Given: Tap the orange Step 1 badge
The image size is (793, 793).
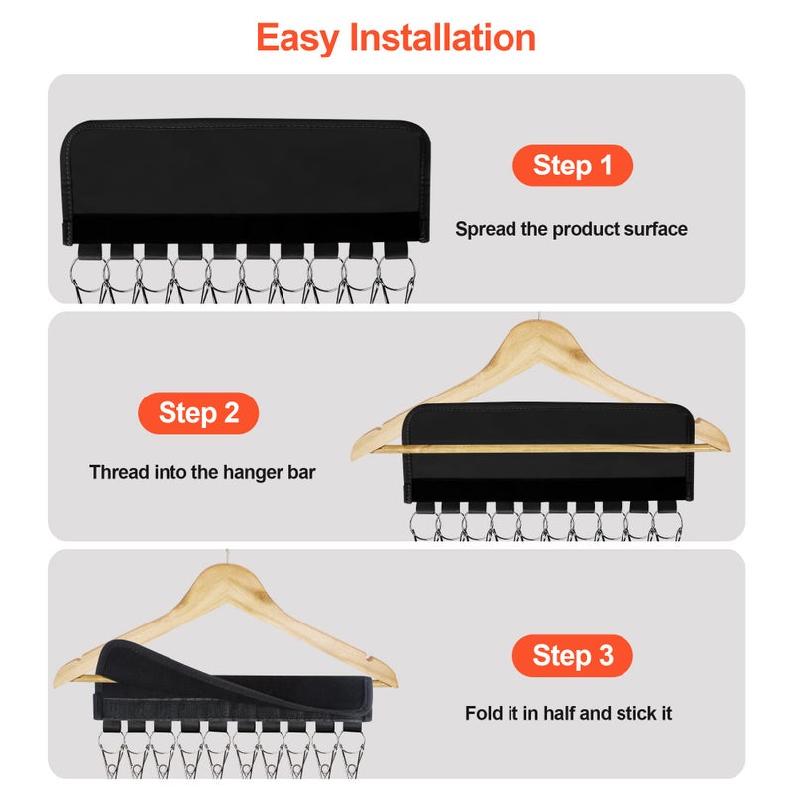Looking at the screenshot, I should pyautogui.click(x=572, y=166).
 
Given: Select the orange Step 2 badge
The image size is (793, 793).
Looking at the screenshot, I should pyautogui.click(x=198, y=413).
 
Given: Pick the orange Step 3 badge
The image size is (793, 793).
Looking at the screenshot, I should pyautogui.click(x=572, y=655).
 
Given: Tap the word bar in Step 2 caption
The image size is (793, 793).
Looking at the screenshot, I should pyautogui.click(x=300, y=472).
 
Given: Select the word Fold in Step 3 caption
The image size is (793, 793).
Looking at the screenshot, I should pyautogui.click(x=485, y=713).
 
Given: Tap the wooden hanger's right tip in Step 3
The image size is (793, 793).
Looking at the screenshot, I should pyautogui.click(x=393, y=681).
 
